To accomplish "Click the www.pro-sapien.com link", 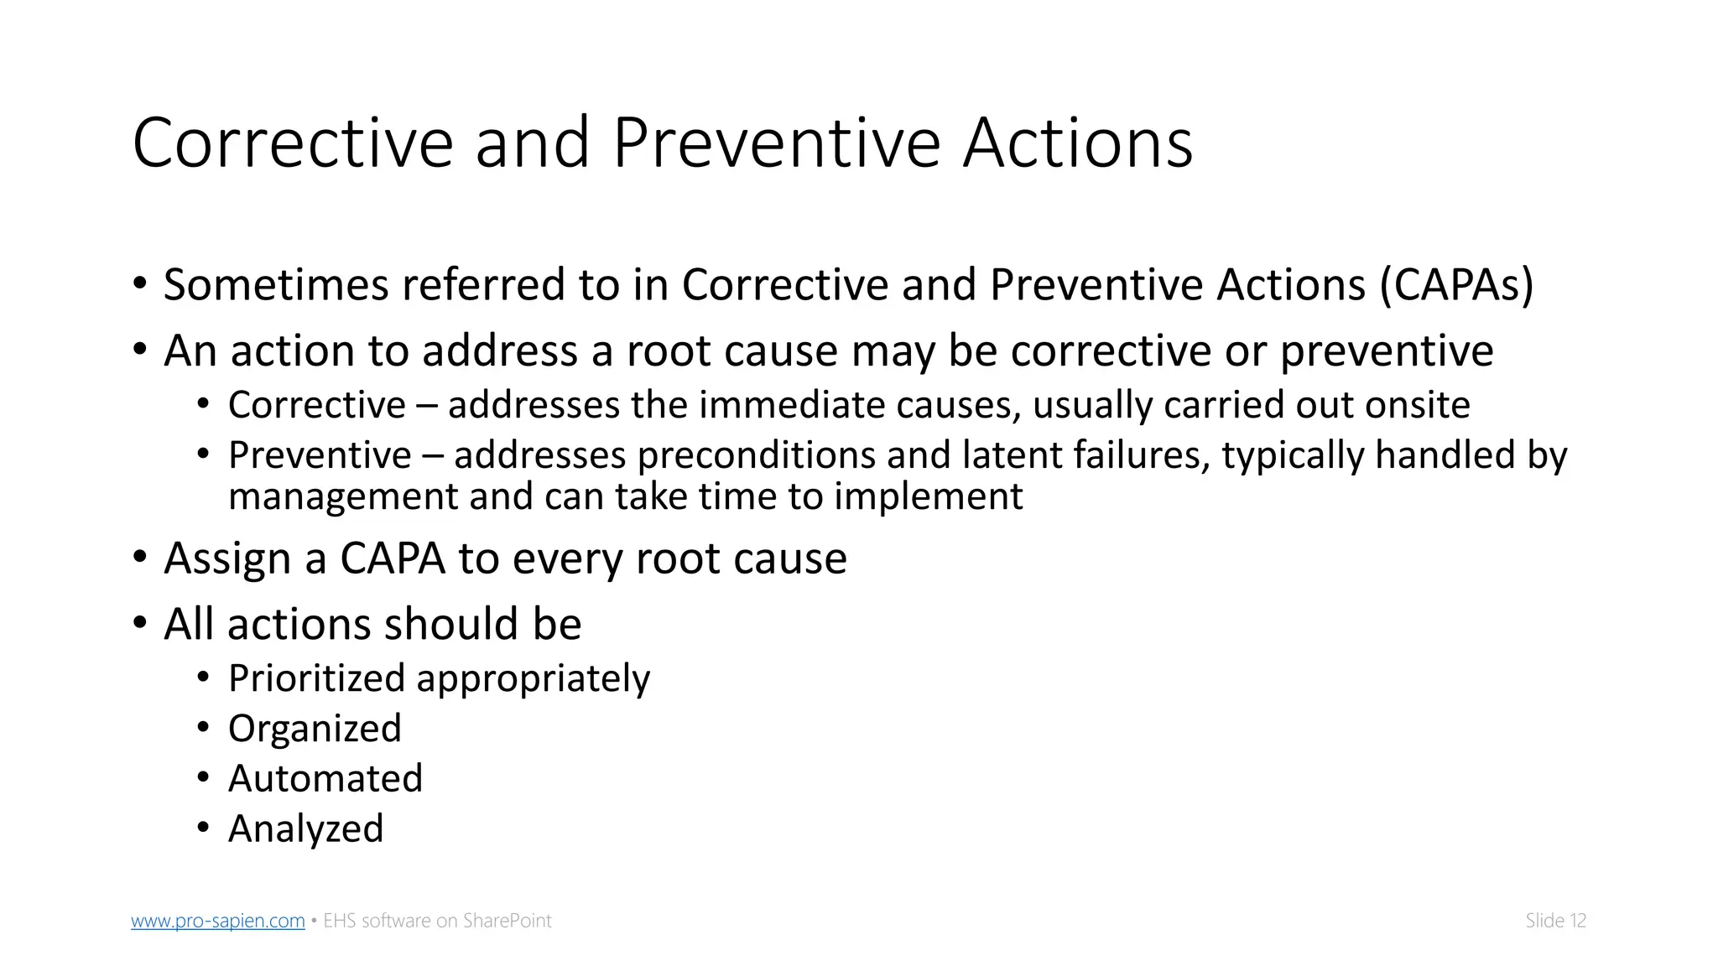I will [217, 921].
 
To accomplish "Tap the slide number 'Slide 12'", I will [1555, 921].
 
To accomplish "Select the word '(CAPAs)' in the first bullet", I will [1456, 285].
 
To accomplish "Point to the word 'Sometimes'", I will [276, 285].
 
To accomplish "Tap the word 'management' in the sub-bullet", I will [343, 497].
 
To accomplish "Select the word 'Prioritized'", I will [316, 678].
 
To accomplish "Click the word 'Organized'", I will [315, 729].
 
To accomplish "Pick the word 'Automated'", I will [325, 779].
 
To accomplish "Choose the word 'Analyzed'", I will [305, 829].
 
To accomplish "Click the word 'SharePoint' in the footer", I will [508, 921].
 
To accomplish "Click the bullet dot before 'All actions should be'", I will [140, 623].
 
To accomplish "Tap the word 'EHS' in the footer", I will [340, 921].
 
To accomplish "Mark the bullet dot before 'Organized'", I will [203, 728].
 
